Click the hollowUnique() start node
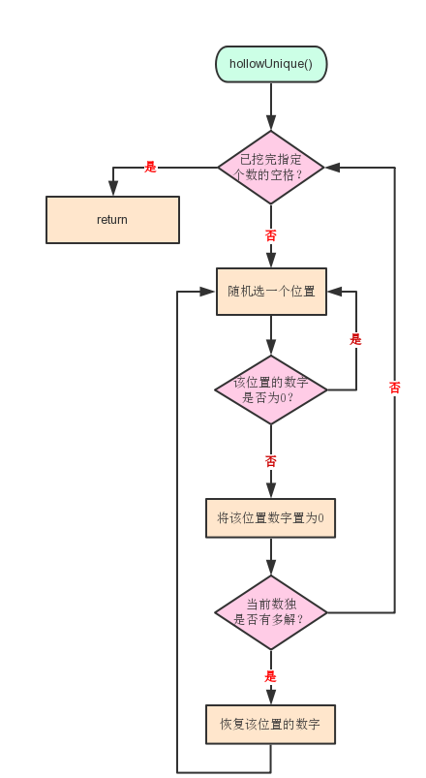pyautogui.click(x=271, y=64)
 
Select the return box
pyautogui.click(x=112, y=220)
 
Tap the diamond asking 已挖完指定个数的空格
pyautogui.click(x=271, y=168)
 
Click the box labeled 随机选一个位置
pyautogui.click(x=271, y=292)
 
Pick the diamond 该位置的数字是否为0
pyautogui.click(x=271, y=389)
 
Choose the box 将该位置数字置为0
pyautogui.click(x=271, y=518)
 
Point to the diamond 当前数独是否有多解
pyautogui.click(x=271, y=612)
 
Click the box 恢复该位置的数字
pyautogui.click(x=271, y=725)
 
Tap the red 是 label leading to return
pyautogui.click(x=150, y=168)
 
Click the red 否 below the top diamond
pyautogui.click(x=270, y=235)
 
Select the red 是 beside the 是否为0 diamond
pyautogui.click(x=355, y=339)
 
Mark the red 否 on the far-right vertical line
pyautogui.click(x=394, y=388)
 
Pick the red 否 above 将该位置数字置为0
pyautogui.click(x=270, y=461)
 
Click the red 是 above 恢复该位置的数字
pyautogui.click(x=270, y=676)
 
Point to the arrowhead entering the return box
pyautogui.click(x=113, y=189)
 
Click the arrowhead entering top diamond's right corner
pyautogui.click(x=332, y=168)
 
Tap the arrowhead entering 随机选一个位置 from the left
pyautogui.click(x=208, y=292)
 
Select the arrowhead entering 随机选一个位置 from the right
pyautogui.click(x=335, y=292)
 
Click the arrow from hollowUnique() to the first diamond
pyautogui.click(x=271, y=107)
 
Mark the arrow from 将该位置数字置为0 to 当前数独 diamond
pyautogui.click(x=271, y=557)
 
